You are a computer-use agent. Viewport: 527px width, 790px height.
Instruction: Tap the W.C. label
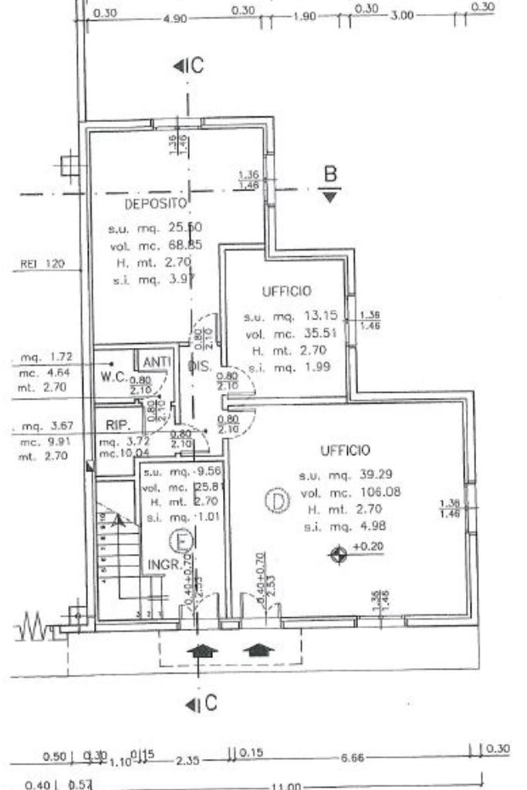[113, 377]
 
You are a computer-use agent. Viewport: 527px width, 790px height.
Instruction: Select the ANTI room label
[157, 361]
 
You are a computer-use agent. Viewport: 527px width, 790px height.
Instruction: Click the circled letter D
[276, 502]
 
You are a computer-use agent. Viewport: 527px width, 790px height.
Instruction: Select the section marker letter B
[330, 176]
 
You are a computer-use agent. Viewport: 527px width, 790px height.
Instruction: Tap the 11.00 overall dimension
[283, 785]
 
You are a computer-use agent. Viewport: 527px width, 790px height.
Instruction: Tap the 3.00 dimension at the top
[402, 16]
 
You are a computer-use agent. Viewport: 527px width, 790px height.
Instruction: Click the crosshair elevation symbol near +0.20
[338, 553]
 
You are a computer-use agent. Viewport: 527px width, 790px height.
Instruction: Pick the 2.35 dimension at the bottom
[187, 761]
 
